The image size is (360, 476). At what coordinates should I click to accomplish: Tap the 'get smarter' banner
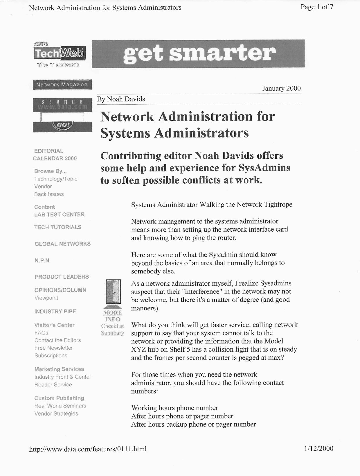pos(198,54)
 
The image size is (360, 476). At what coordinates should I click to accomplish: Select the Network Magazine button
pos(62,85)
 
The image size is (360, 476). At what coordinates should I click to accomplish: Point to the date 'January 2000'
pos(281,88)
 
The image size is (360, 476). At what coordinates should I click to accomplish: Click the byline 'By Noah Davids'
pos(121,99)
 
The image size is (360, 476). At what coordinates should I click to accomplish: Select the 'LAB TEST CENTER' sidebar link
pos(59,214)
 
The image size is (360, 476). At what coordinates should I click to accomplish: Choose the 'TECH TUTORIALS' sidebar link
pos(58,227)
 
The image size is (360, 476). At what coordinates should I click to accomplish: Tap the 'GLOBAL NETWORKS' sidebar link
pos(62,244)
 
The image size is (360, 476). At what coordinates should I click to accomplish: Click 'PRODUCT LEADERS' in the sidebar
pos(62,277)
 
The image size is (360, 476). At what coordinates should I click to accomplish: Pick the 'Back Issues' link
pos(49,194)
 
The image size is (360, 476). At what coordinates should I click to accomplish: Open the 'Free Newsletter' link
pos(54,348)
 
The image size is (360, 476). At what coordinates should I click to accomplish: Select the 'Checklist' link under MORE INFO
pos(112,326)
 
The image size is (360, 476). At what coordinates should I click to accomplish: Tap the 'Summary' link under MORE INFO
pos(112,333)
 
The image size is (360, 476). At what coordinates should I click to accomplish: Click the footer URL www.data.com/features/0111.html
pos(88,449)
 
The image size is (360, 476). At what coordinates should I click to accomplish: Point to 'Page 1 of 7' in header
pos(317,7)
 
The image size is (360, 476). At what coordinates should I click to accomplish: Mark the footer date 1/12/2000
pos(318,448)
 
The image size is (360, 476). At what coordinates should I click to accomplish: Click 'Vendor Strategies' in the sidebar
pos(56,414)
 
